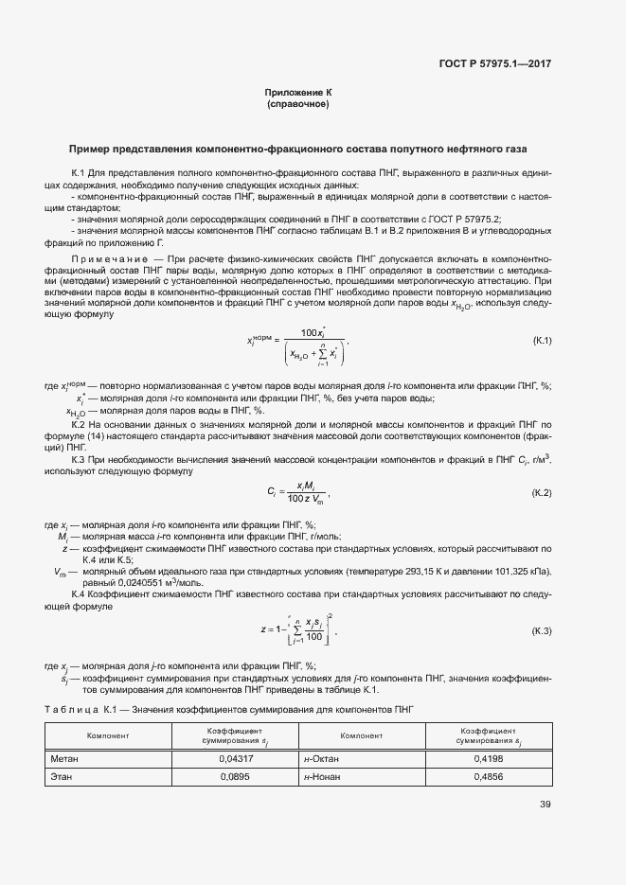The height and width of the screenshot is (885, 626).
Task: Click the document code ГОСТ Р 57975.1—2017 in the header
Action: click(x=508, y=64)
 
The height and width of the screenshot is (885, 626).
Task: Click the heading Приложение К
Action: click(x=298, y=92)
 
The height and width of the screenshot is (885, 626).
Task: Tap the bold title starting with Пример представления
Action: click(x=298, y=150)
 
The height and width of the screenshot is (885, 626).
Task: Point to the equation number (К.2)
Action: click(x=543, y=493)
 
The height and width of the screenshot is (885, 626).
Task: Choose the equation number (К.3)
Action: click(x=543, y=630)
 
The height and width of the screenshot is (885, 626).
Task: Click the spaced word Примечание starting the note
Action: click(x=105, y=258)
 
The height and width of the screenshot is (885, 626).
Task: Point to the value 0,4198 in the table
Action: click(x=489, y=758)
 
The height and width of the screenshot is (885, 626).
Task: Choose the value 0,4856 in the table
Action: click(x=489, y=776)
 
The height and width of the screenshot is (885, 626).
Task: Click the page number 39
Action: click(x=546, y=805)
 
